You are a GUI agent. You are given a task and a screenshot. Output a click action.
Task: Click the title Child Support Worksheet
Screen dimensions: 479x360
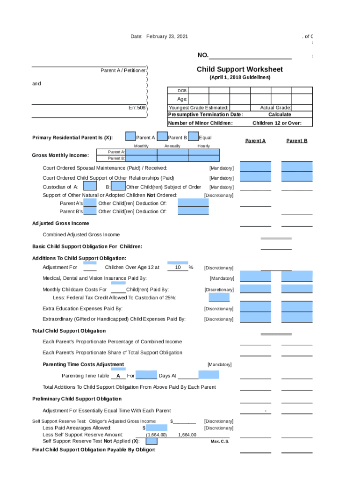tap(239, 69)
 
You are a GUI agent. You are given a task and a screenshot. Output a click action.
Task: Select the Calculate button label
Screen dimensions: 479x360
tap(279, 115)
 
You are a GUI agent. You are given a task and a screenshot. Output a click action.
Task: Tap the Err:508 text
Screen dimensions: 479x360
tap(137, 108)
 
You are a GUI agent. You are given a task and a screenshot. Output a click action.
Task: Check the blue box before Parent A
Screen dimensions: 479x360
tap(131, 137)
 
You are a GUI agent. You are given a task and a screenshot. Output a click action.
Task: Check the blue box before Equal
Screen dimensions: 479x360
tap(193, 137)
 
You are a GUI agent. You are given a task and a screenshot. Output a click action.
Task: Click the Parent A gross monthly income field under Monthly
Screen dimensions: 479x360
tap(141, 152)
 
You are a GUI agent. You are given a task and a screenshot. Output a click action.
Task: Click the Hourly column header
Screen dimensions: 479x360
tap(203, 146)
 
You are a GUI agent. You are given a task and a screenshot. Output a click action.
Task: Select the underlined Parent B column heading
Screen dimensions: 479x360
tap(296, 141)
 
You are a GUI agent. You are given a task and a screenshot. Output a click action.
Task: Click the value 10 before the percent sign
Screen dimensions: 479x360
tap(178, 268)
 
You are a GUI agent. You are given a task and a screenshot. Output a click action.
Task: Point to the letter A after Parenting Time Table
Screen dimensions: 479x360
tap(118, 376)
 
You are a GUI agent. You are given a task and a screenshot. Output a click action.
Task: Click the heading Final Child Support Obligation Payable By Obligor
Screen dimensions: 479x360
tap(94, 450)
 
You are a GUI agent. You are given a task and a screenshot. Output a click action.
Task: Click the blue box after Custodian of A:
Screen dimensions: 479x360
tap(90, 186)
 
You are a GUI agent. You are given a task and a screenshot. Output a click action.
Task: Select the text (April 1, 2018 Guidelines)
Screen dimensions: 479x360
tap(239, 77)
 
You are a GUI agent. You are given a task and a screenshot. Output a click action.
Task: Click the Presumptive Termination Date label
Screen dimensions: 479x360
tap(205, 115)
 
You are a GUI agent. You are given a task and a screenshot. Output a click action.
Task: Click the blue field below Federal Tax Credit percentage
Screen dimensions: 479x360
tap(219, 297)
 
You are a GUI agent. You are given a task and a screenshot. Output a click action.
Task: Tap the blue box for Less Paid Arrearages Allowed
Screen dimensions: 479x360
tap(157, 428)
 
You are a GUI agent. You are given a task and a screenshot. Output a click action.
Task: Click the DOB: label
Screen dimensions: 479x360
tap(182, 91)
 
